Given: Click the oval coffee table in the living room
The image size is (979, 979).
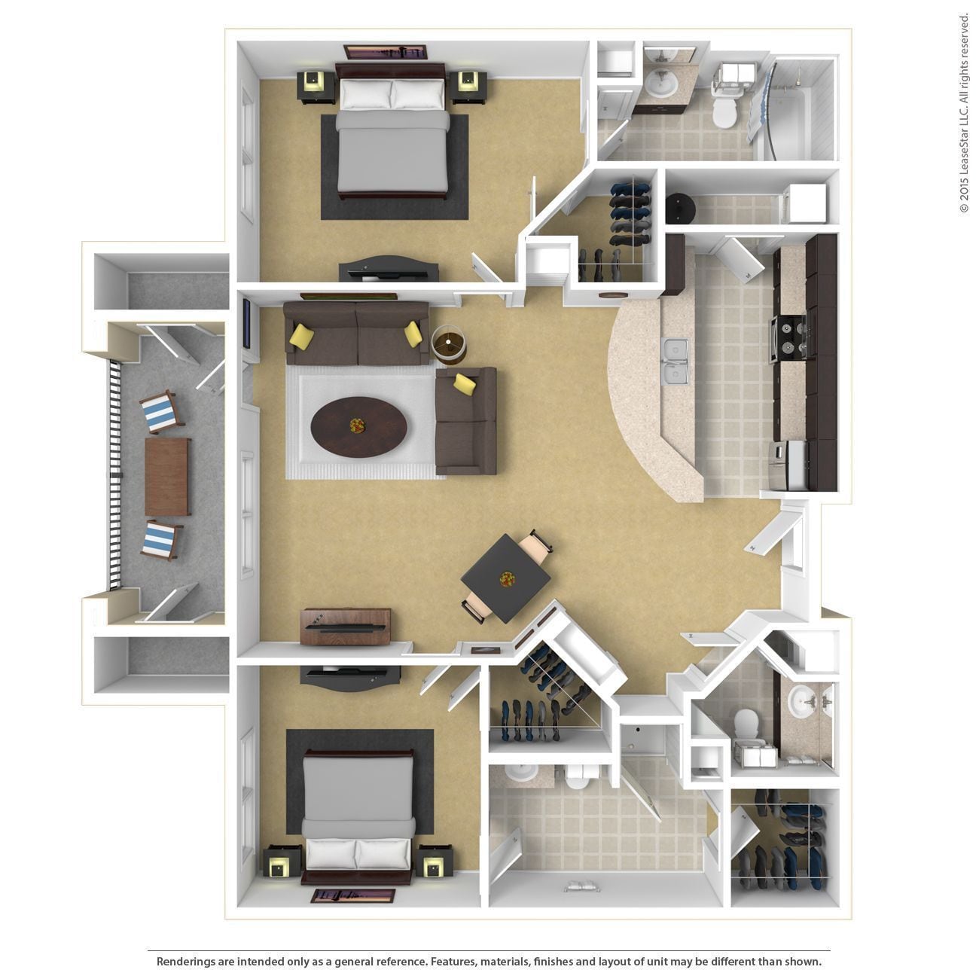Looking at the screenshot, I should point(359,425).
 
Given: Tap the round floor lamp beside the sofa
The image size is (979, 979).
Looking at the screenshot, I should point(449,343).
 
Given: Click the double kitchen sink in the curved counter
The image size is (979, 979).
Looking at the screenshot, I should point(675,361).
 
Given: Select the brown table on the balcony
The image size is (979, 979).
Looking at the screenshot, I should point(167,476).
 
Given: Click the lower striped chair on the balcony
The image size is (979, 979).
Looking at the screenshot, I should point(160,539).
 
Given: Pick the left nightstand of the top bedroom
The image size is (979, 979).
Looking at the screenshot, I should point(316,86).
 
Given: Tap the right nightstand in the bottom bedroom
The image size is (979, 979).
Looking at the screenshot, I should point(434,861).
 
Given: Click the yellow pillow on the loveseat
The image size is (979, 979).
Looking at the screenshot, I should point(465,383).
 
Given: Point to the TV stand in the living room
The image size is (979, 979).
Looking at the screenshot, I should point(346,626).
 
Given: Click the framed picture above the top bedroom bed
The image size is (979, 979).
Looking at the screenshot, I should point(385,52).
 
